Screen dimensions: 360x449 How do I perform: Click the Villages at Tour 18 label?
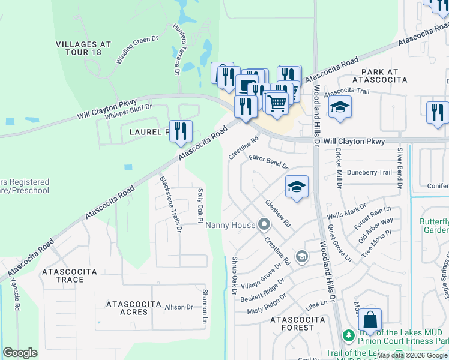(x=83, y=48)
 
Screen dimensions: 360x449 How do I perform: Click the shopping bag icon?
(x=370, y=320)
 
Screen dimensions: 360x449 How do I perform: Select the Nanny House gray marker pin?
(x=264, y=225)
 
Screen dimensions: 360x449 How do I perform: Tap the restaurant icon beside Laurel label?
(x=181, y=130)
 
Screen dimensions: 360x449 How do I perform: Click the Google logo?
(x=20, y=353)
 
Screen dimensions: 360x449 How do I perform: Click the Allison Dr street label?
(x=178, y=307)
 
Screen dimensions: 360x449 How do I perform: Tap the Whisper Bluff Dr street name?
(x=128, y=112)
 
